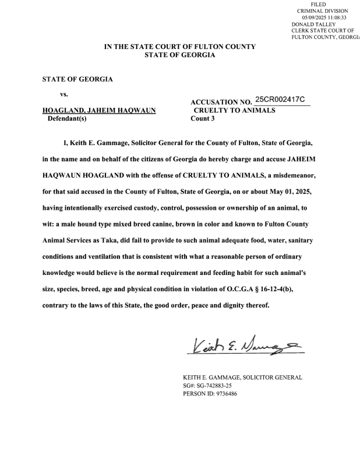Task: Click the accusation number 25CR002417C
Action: pos(280,100)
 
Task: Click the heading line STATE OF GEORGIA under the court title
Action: pos(179,55)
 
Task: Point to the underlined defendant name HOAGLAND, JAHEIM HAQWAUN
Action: pos(99,110)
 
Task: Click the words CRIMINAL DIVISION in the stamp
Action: pos(322,11)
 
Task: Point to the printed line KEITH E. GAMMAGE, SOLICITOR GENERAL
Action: pos(242,377)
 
